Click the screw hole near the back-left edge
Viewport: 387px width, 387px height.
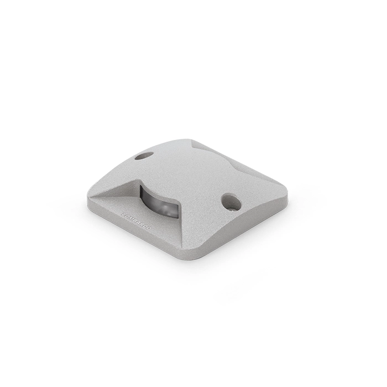point(143,156)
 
